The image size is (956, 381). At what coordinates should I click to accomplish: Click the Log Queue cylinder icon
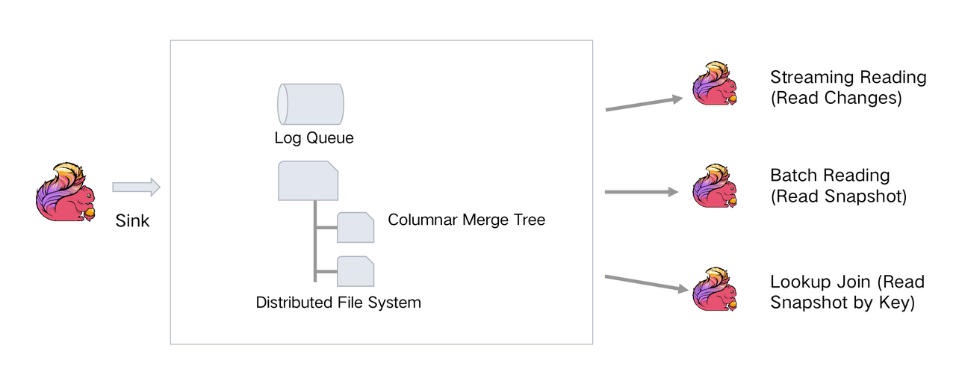310,105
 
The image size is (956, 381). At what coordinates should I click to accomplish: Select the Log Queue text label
314,138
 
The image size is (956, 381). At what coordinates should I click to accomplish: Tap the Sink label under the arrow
132,221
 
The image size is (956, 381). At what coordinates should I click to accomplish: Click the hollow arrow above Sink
136,187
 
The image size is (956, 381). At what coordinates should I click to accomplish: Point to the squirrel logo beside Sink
65,192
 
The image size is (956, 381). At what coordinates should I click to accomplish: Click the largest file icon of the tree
308,181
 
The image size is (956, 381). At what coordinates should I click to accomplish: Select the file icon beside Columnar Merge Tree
356,227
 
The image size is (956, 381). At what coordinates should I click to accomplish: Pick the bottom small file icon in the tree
356,271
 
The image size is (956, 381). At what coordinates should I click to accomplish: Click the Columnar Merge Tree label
466,220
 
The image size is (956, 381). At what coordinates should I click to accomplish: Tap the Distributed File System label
338,303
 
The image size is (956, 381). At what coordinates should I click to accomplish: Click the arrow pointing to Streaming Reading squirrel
644,104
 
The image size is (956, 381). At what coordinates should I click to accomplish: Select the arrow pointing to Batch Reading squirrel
642,192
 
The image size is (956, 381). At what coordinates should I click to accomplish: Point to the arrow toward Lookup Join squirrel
647,284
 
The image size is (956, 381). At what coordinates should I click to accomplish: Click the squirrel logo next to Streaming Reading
715,83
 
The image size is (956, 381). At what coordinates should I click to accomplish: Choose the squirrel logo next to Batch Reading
715,186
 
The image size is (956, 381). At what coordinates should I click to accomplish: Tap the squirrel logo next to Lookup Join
715,289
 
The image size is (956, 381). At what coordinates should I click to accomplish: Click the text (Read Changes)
836,98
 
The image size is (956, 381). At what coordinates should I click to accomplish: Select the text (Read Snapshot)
839,196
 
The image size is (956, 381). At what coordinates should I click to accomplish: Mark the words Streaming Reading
848,77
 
